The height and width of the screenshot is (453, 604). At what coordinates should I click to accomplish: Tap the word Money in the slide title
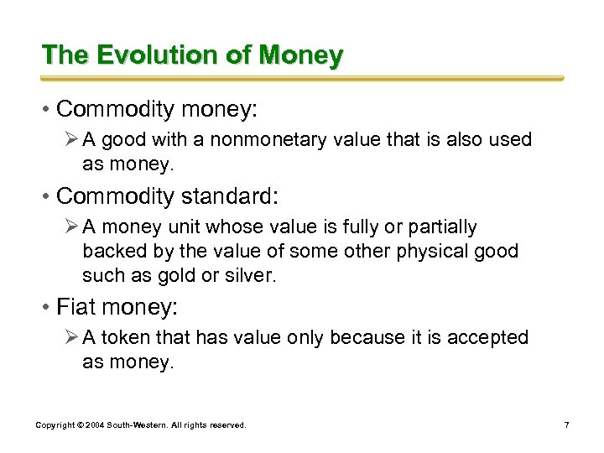click(301, 55)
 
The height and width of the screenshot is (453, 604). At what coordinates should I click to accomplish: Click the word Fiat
click(74, 307)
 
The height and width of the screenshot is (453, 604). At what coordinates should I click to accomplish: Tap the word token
click(120, 337)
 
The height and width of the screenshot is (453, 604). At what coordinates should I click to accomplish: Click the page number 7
click(567, 425)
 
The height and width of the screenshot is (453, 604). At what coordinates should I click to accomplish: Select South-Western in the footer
click(137, 425)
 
